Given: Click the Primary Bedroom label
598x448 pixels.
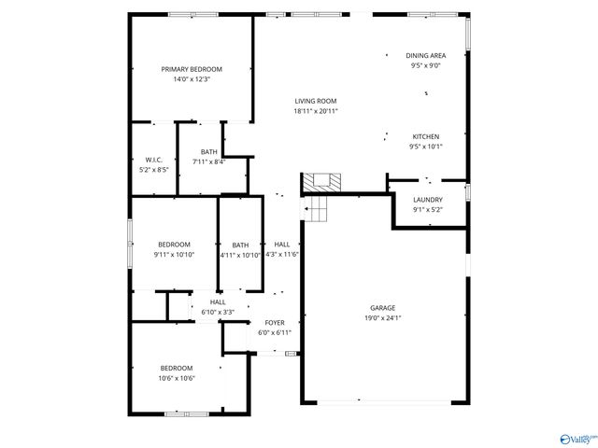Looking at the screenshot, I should [192, 69].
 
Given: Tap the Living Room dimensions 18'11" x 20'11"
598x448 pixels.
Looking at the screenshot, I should [316, 111].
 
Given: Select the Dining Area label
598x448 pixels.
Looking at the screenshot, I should [425, 56].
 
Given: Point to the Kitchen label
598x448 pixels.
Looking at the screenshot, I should [425, 136].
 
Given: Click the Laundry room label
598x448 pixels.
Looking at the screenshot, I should [428, 200].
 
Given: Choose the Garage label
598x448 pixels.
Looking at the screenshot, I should [382, 307].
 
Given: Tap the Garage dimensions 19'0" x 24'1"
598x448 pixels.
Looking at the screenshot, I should [382, 317].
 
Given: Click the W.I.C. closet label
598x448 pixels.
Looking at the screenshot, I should [154, 160].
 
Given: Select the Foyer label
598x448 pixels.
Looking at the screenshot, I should [275, 323].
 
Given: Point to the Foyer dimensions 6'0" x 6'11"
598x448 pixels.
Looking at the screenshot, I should [275, 333].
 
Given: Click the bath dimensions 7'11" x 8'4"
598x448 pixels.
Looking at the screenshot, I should [209, 162].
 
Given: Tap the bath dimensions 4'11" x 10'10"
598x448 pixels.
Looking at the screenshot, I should [241, 255].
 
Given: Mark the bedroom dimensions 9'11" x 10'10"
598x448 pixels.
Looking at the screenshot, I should [174, 255].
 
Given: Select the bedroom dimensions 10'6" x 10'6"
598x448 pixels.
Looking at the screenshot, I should [176, 378].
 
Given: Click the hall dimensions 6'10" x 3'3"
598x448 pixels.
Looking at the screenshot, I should [218, 312].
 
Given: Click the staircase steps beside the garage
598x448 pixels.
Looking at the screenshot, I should [318, 210].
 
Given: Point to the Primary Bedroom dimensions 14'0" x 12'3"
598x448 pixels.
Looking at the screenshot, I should [192, 79].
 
